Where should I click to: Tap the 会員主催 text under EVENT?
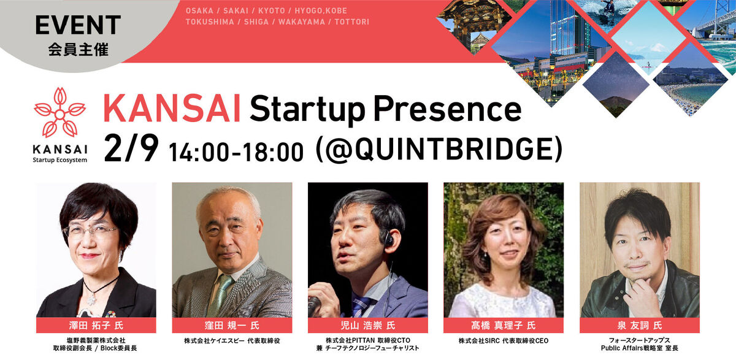point(78,49)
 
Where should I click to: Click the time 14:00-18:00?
point(236,151)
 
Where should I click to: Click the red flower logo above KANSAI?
point(60,113)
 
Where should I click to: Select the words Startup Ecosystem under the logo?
point(60,160)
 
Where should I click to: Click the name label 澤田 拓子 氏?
point(96,325)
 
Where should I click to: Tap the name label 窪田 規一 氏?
point(232,325)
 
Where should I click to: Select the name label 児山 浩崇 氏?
point(367,325)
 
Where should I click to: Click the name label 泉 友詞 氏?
point(639,325)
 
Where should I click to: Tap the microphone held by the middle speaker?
point(315,304)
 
